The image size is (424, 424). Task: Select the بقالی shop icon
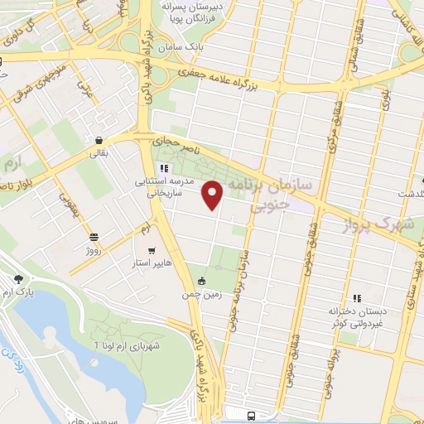click(x=99, y=141)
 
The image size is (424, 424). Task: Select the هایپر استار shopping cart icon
click(x=150, y=250)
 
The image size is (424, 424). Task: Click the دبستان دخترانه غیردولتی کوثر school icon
click(x=357, y=298)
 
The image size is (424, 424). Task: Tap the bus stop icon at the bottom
click(x=251, y=415)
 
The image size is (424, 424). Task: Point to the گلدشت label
click(x=407, y=193)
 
